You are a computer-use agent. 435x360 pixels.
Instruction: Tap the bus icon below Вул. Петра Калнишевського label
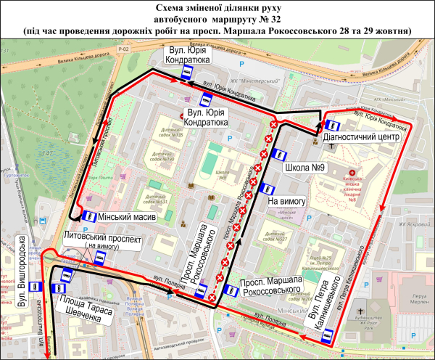coord(326,335)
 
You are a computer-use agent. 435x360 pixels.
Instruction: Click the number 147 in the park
coord(49,154)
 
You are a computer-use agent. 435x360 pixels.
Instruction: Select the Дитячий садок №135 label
coord(168,135)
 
